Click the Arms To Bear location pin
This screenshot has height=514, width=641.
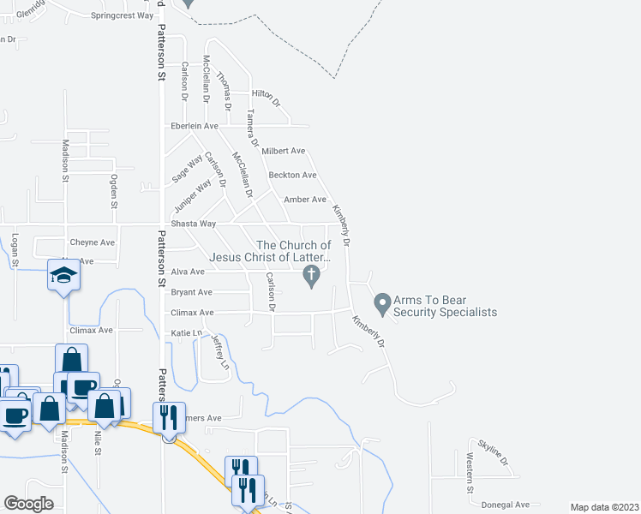pos(381,303)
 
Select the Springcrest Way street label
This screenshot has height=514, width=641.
pos(122,15)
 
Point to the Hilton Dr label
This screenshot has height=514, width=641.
pos(266,97)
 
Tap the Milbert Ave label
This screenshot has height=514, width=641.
pos(284,151)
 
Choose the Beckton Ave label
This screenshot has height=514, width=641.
pos(292,175)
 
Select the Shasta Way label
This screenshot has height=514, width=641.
pos(195,224)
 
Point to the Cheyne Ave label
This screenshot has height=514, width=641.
pos(92,242)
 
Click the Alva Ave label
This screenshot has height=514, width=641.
pos(188,272)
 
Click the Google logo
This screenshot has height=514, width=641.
pos(28,504)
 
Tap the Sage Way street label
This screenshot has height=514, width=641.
pos(188,167)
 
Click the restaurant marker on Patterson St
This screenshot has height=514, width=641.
pos(168,416)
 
